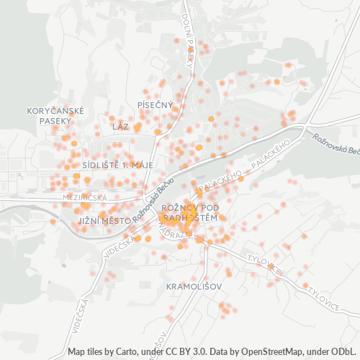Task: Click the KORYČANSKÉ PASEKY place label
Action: pyautogui.click(x=55, y=115)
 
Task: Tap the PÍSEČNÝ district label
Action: pyautogui.click(x=155, y=105)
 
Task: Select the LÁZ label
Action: pyautogui.click(x=120, y=126)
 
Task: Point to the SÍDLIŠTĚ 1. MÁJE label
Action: pyautogui.click(x=118, y=164)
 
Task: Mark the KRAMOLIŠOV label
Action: pyautogui.click(x=194, y=286)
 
